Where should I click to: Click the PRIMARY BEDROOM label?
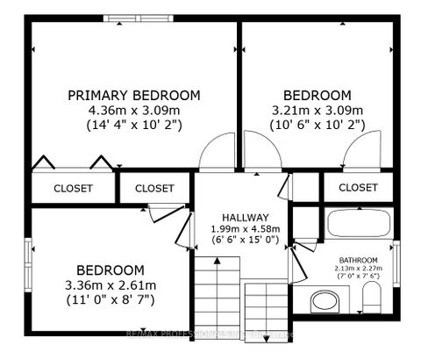pyautogui.click(x=134, y=95)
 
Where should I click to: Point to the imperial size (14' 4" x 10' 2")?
pyautogui.click(x=134, y=125)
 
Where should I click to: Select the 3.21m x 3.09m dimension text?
pyautogui.click(x=317, y=110)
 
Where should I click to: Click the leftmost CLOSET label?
pyautogui.click(x=74, y=188)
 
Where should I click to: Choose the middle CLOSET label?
pyautogui.click(x=154, y=188)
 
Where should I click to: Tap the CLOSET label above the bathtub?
pyautogui.click(x=357, y=188)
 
